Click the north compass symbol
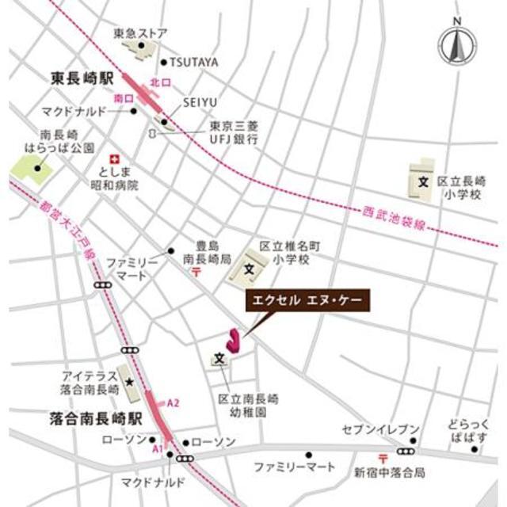457,48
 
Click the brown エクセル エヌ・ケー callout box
305,301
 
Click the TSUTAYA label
194,62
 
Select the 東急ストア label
140,33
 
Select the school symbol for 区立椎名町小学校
248,269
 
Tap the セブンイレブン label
380,429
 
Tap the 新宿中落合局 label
390,472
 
